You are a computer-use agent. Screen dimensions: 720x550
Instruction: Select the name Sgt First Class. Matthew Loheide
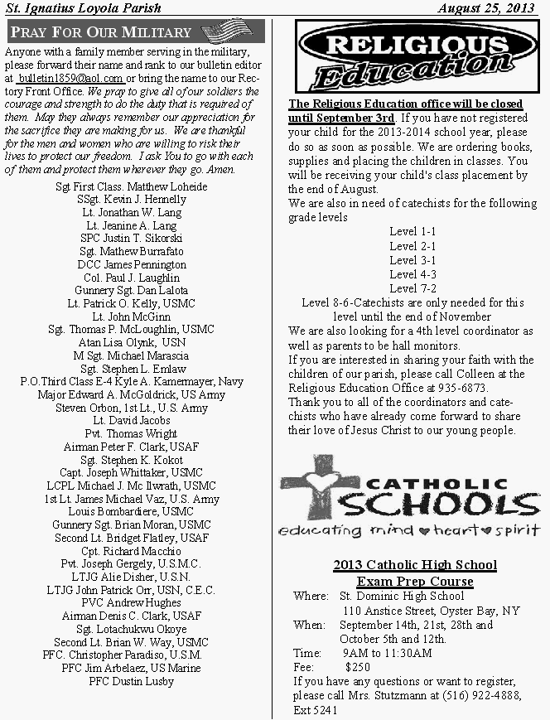132,186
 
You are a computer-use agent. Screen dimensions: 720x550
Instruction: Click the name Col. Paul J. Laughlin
132,278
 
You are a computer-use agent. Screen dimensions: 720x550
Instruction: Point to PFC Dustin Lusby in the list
132,681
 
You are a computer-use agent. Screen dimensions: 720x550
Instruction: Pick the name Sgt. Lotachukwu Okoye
132,629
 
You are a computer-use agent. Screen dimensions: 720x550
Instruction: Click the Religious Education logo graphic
405,56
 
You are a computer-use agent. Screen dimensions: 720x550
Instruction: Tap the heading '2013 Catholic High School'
415,565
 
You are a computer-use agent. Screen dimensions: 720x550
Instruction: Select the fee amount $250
357,666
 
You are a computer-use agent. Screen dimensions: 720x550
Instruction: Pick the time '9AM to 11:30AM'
387,653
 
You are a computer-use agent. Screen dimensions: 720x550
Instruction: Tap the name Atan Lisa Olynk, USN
132,342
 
